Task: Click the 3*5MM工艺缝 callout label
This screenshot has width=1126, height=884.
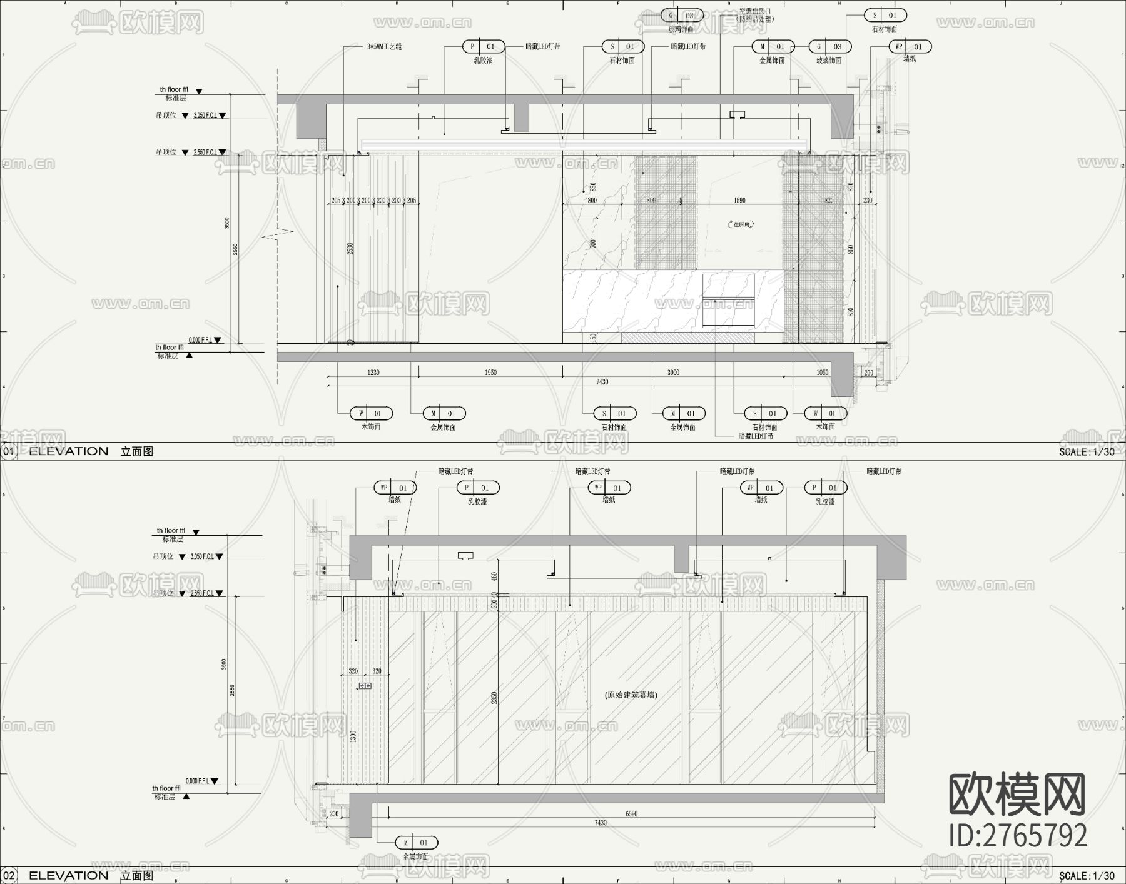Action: point(384,47)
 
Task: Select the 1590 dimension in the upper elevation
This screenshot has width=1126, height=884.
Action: point(739,201)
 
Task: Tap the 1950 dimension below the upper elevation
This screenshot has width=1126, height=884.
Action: point(490,373)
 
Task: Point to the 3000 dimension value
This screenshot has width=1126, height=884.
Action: point(673,373)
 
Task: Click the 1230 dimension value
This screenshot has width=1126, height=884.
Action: point(373,373)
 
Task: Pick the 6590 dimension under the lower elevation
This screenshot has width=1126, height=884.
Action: point(632,814)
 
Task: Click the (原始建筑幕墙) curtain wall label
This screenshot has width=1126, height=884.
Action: point(631,695)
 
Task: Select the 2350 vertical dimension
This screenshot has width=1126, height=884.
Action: point(494,698)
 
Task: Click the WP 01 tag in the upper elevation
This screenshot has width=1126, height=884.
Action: point(909,47)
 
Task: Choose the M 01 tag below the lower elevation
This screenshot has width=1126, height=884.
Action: point(416,843)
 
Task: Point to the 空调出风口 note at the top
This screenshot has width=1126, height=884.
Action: point(755,11)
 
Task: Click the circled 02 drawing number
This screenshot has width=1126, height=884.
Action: point(9,875)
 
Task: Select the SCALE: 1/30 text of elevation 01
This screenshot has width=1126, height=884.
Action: point(1087,451)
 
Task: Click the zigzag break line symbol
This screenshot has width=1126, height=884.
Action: point(278,234)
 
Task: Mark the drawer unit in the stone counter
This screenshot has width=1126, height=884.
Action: point(729,299)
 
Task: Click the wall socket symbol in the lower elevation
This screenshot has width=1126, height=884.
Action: point(364,686)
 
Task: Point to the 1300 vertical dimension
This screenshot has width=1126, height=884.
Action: point(353,736)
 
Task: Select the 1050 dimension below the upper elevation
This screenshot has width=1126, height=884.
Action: point(822,373)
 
